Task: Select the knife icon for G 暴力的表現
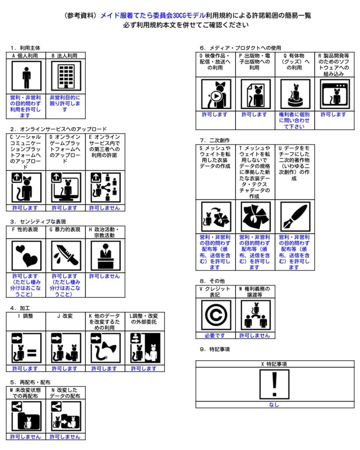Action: click(x=65, y=255)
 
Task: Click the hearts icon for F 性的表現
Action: click(x=26, y=255)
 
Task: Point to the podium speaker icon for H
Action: click(x=105, y=255)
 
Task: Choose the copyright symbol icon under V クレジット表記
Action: click(x=215, y=315)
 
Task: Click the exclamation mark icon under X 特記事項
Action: click(x=275, y=384)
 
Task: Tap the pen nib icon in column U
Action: click(x=295, y=217)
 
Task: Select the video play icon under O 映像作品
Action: click(x=215, y=94)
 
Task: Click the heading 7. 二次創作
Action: click(x=215, y=140)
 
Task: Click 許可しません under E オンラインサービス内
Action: click(x=105, y=208)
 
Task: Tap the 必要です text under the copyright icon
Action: click(x=215, y=335)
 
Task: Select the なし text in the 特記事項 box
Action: click(x=275, y=405)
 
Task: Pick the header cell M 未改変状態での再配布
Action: click(x=26, y=392)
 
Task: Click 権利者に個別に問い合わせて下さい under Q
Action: click(x=295, y=120)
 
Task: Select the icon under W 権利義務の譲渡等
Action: click(x=255, y=315)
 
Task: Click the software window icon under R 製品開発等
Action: click(x=334, y=94)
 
